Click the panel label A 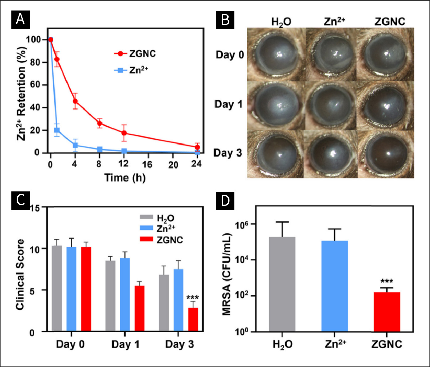tap(21, 20)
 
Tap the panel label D tap(225, 201)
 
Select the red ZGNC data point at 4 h tap(75, 101)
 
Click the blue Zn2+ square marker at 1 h tap(57, 130)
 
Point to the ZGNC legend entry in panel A tap(136, 54)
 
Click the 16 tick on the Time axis tap(147, 164)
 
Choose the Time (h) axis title tap(125, 178)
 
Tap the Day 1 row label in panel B tap(228, 104)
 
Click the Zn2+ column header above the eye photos tap(335, 22)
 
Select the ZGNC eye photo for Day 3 tap(386, 154)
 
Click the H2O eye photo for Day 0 tap(276, 54)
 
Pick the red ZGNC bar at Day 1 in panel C tap(139, 308)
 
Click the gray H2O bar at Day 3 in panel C tap(164, 303)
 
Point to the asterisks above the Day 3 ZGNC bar tap(193, 297)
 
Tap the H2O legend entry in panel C tap(157, 218)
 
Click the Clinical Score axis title tap(20, 274)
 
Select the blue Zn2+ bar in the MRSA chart tap(335, 286)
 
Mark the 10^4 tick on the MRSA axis tap(241, 260)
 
